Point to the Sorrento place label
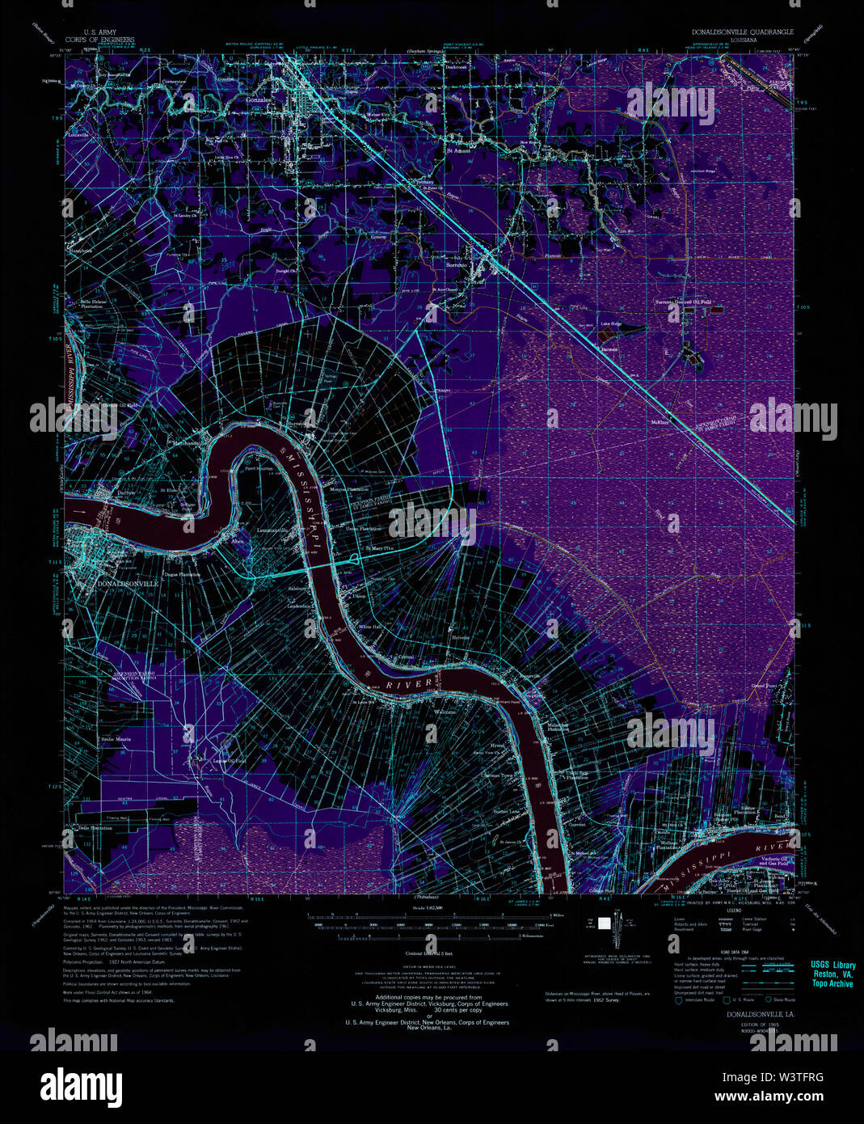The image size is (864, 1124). pos(458,264)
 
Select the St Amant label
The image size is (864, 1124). pos(458,150)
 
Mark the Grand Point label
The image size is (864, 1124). pos(764,685)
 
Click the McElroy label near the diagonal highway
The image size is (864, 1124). pos(660,421)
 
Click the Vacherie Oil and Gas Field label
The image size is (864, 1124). pos(774,860)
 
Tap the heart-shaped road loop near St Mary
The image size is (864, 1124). pos(357,558)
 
